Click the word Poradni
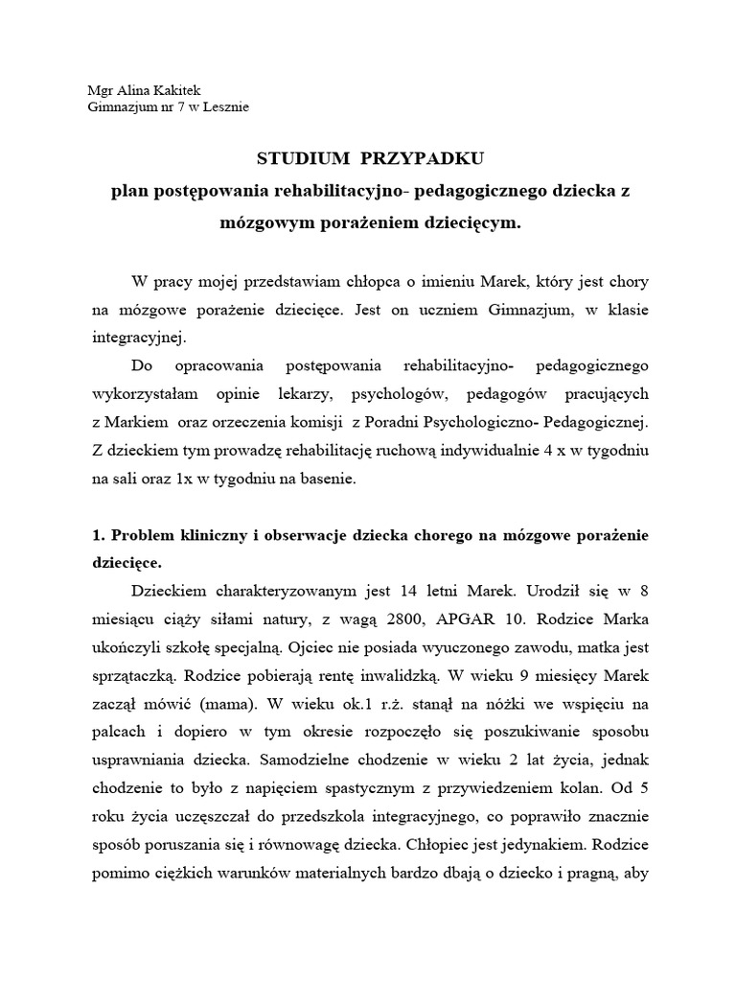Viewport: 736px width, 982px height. (x=397, y=422)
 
